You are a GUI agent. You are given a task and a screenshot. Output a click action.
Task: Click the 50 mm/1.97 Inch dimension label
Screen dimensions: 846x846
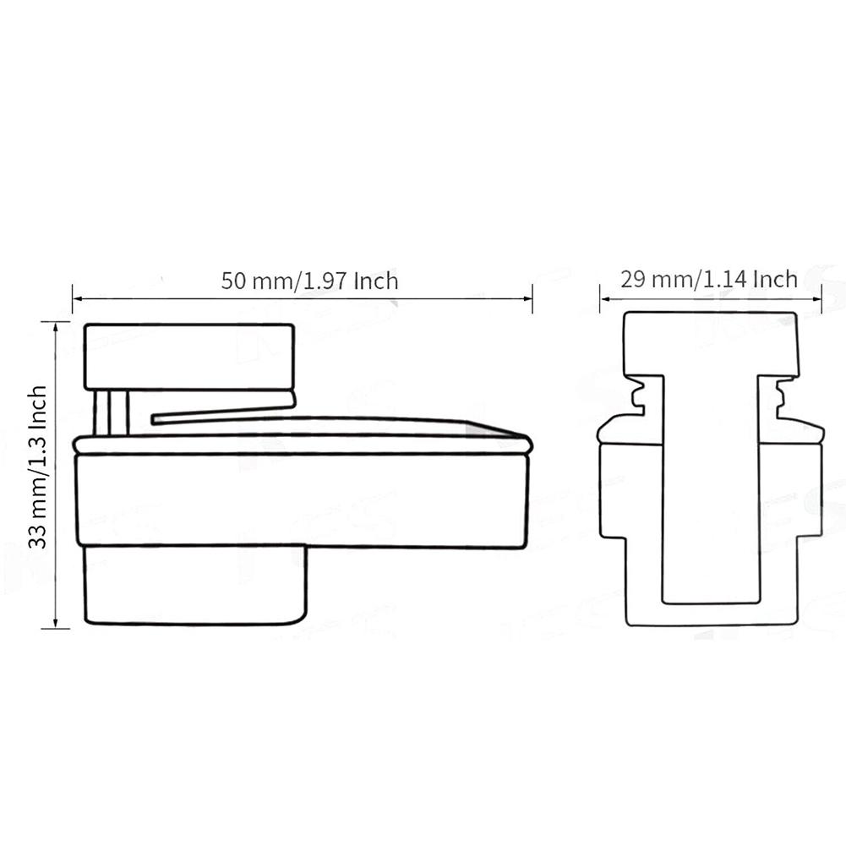point(309,281)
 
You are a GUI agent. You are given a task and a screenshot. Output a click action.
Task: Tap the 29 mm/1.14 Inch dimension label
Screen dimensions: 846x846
point(709,280)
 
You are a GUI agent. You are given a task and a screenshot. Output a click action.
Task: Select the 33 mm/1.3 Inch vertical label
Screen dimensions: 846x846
point(38,467)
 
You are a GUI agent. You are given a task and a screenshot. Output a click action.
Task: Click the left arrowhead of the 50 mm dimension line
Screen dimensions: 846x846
point(77,297)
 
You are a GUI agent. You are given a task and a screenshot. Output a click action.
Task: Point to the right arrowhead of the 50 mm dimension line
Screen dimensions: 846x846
point(528,297)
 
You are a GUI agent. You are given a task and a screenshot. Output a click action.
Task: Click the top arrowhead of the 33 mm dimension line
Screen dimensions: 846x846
point(55,326)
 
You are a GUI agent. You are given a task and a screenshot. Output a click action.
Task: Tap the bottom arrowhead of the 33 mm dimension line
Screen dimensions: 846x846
point(55,623)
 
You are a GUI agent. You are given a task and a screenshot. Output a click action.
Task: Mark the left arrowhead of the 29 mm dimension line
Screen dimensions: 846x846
point(605,298)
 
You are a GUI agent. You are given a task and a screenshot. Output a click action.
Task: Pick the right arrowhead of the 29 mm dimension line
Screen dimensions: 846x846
point(817,298)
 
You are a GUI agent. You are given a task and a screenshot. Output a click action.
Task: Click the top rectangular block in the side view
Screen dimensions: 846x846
point(189,357)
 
